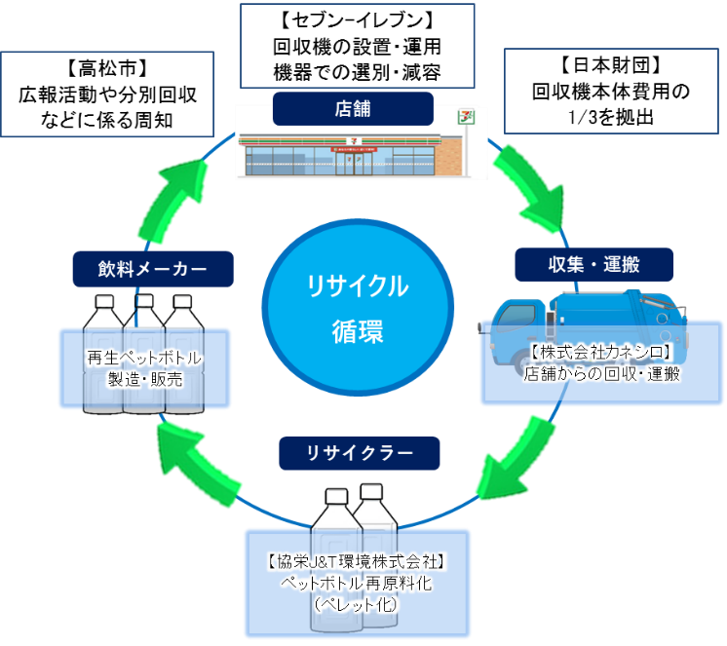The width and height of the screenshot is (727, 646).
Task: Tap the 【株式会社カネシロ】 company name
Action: tap(602, 353)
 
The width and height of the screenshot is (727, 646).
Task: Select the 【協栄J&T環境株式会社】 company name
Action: tap(356, 561)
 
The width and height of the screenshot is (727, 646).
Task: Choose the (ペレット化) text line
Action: tap(357, 604)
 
